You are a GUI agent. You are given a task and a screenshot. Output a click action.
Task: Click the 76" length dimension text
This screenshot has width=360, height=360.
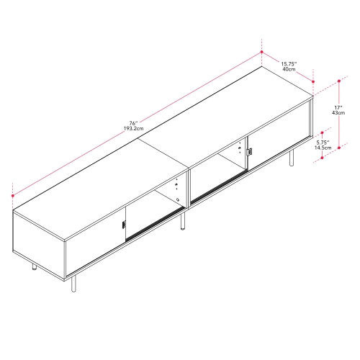[x=132, y=123]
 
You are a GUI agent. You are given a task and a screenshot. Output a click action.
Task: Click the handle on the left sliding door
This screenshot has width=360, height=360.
[x=124, y=226]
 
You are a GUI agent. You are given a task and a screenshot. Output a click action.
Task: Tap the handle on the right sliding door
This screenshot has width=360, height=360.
[x=250, y=152]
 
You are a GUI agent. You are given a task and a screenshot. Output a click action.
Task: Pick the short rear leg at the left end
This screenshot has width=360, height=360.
[x=33, y=268]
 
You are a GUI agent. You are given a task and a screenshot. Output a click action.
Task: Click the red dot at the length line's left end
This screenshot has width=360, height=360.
[x=12, y=194]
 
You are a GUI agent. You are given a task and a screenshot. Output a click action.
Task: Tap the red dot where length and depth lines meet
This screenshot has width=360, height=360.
[x=261, y=52]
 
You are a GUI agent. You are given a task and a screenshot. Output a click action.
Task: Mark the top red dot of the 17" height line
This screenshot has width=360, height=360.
[x=338, y=81]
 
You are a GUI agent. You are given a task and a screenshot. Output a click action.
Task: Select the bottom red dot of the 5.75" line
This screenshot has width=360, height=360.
[x=322, y=158]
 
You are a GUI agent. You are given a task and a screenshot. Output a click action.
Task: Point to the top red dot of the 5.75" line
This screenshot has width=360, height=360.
[x=322, y=134]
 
